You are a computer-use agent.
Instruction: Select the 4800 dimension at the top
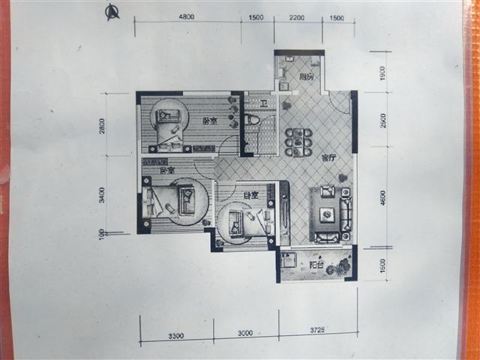187,16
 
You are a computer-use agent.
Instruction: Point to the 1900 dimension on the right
382,73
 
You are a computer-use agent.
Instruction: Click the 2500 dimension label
382,120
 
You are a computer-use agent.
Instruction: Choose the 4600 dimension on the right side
382,198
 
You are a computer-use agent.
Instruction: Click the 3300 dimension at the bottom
176,333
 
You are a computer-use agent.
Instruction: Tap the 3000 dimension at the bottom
245,333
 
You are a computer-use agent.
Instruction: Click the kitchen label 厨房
305,76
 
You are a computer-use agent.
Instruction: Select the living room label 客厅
328,158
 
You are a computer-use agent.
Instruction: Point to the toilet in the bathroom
252,119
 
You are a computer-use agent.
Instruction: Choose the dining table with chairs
298,142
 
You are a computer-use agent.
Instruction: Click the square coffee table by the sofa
327,214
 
